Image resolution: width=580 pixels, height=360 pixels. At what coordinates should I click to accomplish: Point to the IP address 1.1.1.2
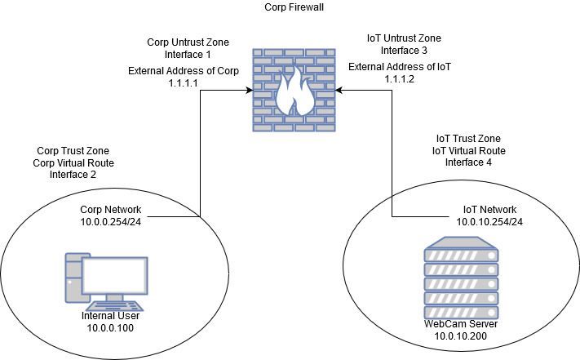pyautogui.click(x=401, y=80)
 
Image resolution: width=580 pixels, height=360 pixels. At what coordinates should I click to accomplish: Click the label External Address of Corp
pyautogui.click(x=184, y=70)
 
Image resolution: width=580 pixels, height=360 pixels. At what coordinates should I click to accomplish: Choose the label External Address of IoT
pyautogui.click(x=400, y=67)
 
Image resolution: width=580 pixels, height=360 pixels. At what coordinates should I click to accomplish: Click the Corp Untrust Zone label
pyautogui.click(x=188, y=41)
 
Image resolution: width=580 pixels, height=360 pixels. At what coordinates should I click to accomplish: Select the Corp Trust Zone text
pyautogui.click(x=73, y=151)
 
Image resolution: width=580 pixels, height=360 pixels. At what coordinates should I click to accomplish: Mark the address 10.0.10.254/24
pyautogui.click(x=488, y=221)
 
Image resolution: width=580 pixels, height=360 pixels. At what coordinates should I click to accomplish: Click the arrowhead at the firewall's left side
pyautogui.click(x=246, y=92)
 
